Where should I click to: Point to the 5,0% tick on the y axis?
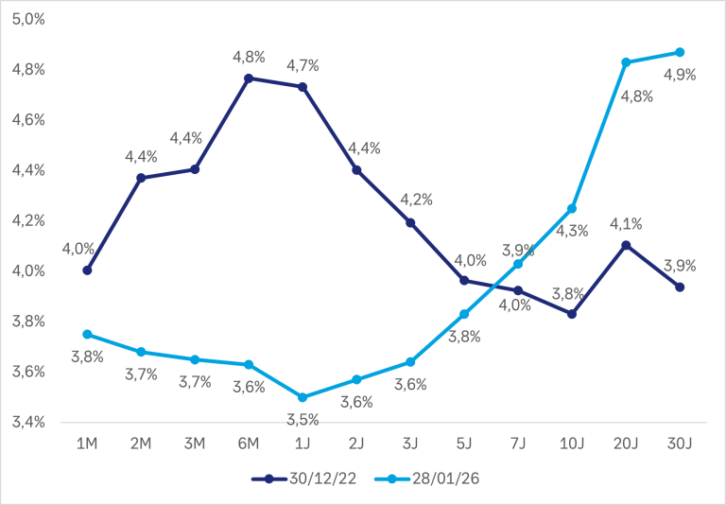coord(27,20)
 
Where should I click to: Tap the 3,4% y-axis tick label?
coord(27,422)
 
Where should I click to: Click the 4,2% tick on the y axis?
coord(27,220)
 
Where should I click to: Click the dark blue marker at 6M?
coord(249,78)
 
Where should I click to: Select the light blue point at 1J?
coord(302,397)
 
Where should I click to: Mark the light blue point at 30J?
coord(680,52)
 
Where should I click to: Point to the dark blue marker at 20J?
coord(626,245)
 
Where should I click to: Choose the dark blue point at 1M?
coord(87,270)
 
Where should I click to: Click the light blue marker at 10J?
coord(572,208)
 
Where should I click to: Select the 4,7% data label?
coord(303,65)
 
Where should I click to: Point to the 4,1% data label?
coord(624,224)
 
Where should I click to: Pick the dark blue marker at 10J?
coord(572,313)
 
